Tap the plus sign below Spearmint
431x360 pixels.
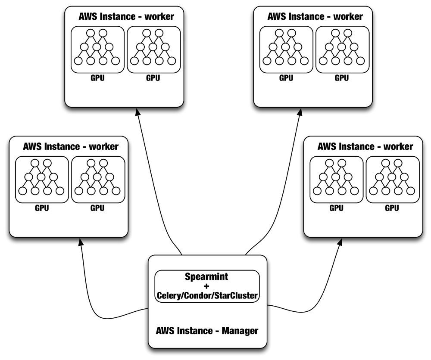206,286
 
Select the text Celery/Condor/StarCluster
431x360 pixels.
206,295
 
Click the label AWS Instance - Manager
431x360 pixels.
206,331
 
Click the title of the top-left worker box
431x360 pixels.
126,17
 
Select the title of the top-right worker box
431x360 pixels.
315,17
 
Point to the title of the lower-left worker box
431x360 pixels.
71,146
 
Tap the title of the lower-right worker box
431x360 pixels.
365,146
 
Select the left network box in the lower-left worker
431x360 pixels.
42,179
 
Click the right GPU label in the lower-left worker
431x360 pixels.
97,208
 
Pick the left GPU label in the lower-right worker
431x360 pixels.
336,208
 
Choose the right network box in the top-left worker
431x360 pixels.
153,49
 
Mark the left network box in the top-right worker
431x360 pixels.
286,49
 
